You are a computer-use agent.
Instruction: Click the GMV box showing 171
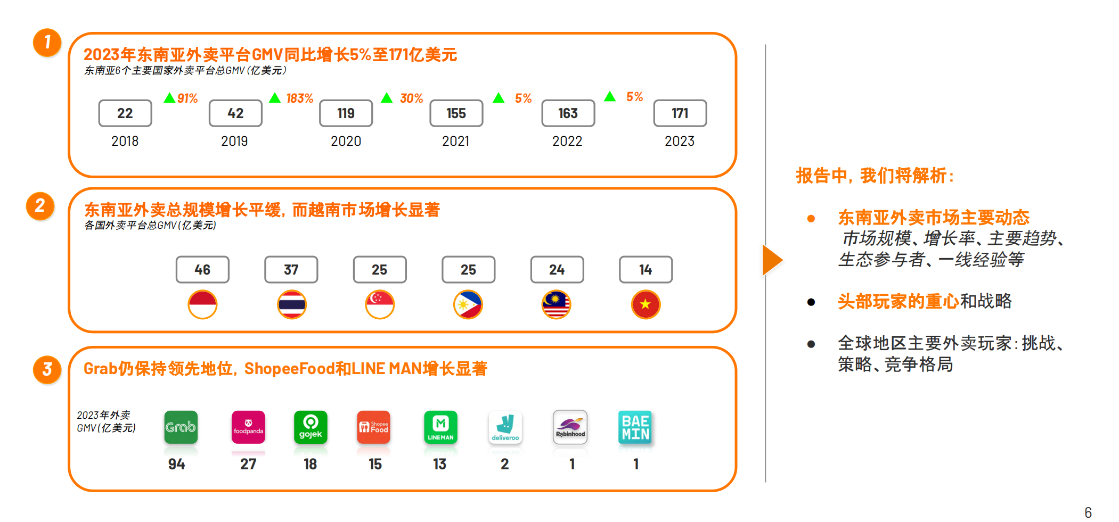[x=680, y=113]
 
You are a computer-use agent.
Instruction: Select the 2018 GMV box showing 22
[x=125, y=113]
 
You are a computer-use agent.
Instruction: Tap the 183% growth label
[x=299, y=98]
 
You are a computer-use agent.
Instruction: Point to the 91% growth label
[x=187, y=98]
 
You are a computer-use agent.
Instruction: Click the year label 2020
[x=346, y=141]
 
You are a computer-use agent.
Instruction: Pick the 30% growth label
[x=411, y=98]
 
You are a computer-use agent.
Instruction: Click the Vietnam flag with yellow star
[x=646, y=304]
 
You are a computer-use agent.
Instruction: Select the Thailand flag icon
[x=291, y=304]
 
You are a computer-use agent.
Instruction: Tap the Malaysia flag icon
[x=557, y=304]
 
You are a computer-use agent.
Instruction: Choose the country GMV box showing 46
[x=202, y=270]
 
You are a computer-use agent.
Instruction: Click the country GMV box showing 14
[x=646, y=270]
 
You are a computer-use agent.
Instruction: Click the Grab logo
[x=181, y=427]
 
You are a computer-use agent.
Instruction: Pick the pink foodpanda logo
[x=248, y=427]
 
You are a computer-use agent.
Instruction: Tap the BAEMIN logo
[x=635, y=427]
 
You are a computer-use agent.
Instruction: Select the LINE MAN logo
[x=440, y=427]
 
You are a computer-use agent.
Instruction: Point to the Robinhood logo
[x=570, y=427]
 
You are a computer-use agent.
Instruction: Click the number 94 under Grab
[x=177, y=464]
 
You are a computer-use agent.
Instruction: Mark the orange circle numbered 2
[x=40, y=206]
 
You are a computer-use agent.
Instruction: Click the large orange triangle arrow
[x=772, y=260]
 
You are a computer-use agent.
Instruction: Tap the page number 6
[x=1088, y=512]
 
